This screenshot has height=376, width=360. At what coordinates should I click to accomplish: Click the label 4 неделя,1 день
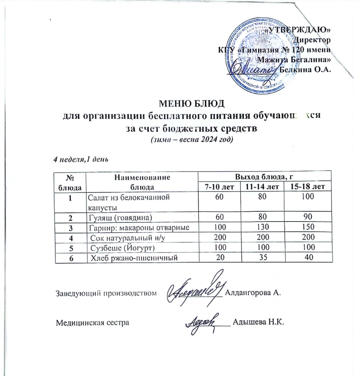82,159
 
